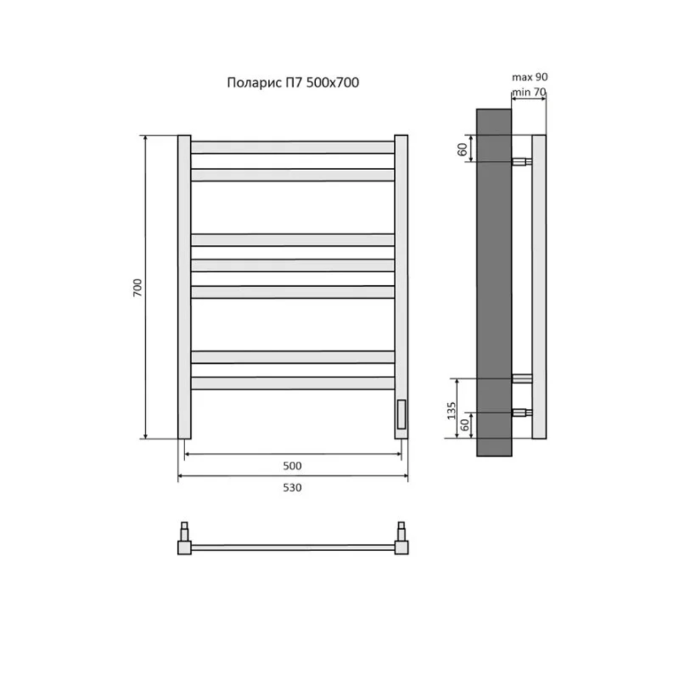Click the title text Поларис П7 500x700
coord(293,82)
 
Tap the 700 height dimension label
coord(137,287)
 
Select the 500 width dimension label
coord(292,466)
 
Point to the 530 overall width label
coord(292,487)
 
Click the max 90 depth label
coord(530,77)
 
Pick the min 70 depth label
coord(529,91)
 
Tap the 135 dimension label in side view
coord(452,410)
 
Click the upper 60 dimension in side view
coord(462,149)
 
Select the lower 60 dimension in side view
coord(465,425)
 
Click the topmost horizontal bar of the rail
coord(293,147)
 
